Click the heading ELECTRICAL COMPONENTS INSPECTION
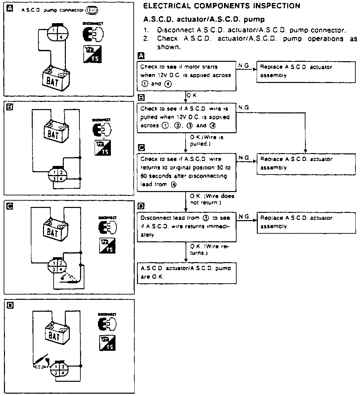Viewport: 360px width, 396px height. pos(222,6)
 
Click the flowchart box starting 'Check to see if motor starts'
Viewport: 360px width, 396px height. pos(187,75)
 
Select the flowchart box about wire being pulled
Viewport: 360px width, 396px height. pos(187,117)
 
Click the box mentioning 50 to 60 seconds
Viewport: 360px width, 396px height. pos(187,172)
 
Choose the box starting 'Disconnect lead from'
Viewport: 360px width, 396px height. pos(187,226)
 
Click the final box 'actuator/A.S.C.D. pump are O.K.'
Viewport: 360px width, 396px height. pos(187,273)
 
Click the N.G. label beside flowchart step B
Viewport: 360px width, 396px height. pos(244,108)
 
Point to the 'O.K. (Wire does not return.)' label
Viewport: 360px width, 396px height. pos(212,199)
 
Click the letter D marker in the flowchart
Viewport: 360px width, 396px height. pos(141,207)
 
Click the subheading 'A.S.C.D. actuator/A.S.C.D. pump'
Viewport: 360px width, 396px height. pos(204,20)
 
